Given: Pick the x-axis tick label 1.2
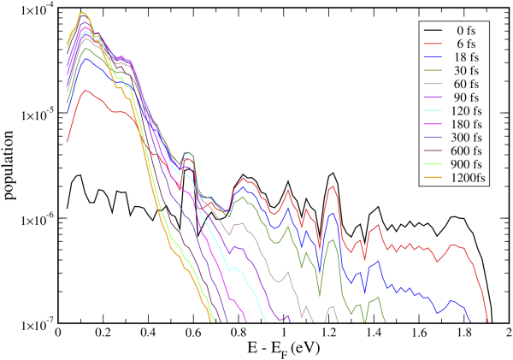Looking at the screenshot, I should click(328, 334).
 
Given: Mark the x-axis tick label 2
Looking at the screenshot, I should click(508, 334).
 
